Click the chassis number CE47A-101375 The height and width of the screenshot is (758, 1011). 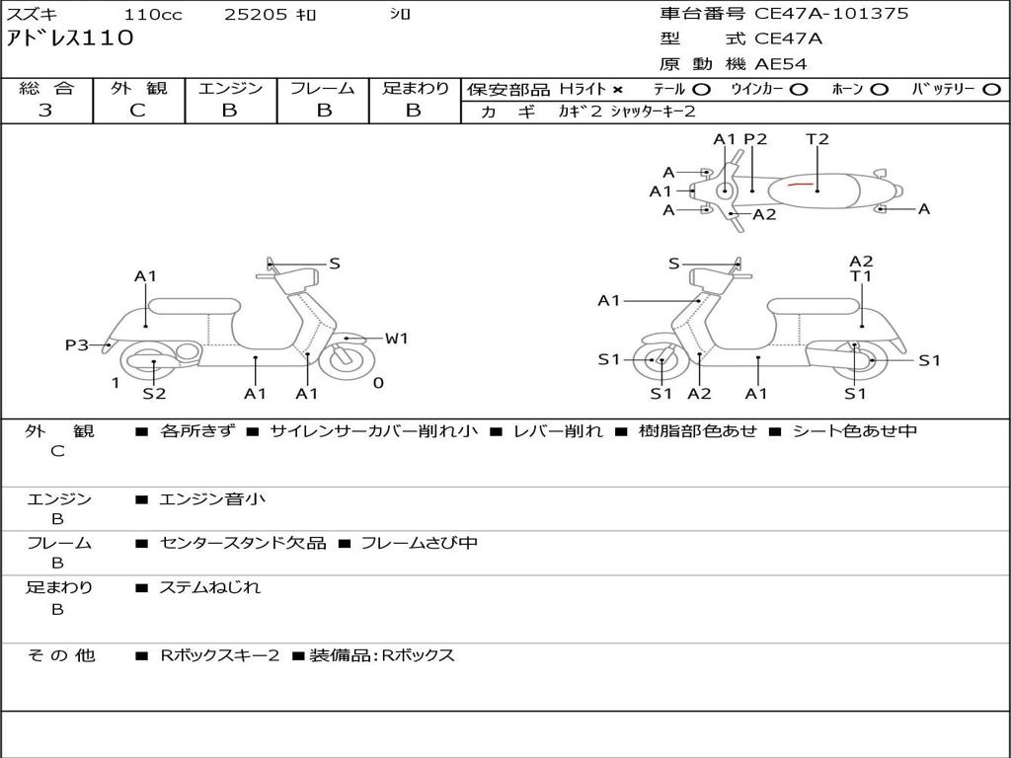pyautogui.click(x=831, y=14)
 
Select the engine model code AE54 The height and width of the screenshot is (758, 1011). pyautogui.click(x=781, y=65)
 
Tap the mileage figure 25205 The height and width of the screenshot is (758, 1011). pyautogui.click(x=256, y=15)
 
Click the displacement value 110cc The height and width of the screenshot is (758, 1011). pyautogui.click(x=153, y=15)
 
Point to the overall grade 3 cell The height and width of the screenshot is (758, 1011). pyautogui.click(x=46, y=111)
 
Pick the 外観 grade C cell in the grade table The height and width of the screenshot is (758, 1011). pyautogui.click(x=138, y=111)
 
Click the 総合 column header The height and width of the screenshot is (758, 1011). pyautogui.click(x=46, y=88)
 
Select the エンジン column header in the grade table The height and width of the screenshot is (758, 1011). pyautogui.click(x=230, y=88)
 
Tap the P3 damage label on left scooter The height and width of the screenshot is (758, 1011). pyautogui.click(x=77, y=344)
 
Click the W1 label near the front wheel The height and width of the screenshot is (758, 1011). pyautogui.click(x=396, y=339)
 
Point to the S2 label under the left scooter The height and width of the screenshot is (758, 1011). pyautogui.click(x=154, y=394)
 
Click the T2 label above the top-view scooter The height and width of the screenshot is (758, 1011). pyautogui.click(x=817, y=139)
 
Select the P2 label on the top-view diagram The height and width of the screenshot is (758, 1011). pyautogui.click(x=755, y=139)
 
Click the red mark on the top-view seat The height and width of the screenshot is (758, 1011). pyautogui.click(x=801, y=184)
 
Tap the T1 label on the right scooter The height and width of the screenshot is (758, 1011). pyautogui.click(x=862, y=276)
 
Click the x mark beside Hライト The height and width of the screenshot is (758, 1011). pyautogui.click(x=618, y=89)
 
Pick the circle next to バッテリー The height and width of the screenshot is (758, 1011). pyautogui.click(x=991, y=89)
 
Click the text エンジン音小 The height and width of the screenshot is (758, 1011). pyautogui.click(x=212, y=499)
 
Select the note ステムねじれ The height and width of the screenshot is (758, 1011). pyautogui.click(x=210, y=587)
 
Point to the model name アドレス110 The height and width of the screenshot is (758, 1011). pyautogui.click(x=70, y=38)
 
